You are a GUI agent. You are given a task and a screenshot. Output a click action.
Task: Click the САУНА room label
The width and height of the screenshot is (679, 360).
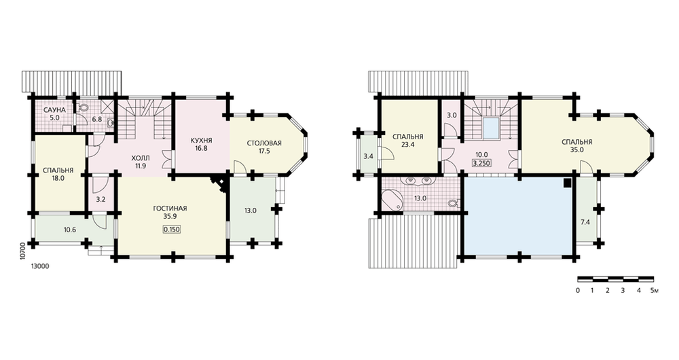point(54,111)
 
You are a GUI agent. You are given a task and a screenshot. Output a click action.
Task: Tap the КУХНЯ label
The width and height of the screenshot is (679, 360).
point(202,141)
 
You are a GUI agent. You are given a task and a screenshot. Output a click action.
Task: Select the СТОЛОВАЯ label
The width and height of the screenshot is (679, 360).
point(264,143)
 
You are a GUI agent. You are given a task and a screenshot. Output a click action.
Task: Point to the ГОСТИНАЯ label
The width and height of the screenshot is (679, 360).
point(170,209)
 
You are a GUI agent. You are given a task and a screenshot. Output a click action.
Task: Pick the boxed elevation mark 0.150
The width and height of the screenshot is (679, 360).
point(172,230)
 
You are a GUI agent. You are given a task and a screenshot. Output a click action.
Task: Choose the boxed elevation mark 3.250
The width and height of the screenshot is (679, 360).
point(481,164)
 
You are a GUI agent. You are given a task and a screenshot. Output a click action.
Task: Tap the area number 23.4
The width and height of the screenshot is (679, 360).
point(408,145)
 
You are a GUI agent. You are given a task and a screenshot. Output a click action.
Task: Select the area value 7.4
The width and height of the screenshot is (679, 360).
point(585,222)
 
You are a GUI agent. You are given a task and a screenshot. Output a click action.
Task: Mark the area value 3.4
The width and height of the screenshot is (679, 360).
point(368,156)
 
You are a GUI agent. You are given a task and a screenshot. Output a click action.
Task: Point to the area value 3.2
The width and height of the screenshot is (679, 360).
point(100,200)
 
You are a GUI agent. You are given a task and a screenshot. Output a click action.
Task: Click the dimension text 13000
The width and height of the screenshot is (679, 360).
point(40,266)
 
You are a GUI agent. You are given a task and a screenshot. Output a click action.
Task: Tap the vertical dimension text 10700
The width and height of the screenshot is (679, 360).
point(23,251)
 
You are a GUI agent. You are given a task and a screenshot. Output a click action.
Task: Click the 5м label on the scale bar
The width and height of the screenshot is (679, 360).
point(655,290)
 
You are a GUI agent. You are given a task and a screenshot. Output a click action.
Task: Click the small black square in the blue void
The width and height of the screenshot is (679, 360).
point(567,183)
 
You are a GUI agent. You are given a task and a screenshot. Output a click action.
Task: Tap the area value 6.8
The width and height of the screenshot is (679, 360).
point(97,119)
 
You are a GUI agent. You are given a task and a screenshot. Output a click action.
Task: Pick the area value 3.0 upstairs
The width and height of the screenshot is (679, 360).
point(452,115)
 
